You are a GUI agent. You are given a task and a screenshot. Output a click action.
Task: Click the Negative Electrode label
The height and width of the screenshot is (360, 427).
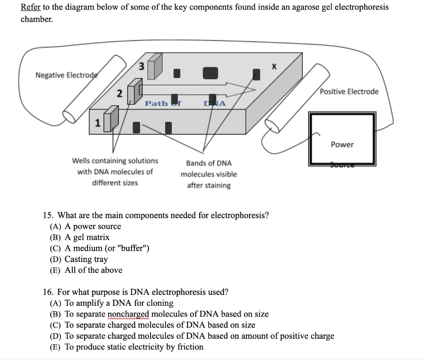(66, 75)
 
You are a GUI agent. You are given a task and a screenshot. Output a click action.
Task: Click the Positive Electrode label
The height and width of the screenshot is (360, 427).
(349, 92)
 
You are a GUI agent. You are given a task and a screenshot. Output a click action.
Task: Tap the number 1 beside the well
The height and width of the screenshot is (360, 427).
(97, 123)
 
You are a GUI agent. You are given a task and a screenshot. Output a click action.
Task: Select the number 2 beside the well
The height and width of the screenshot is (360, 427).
(119, 94)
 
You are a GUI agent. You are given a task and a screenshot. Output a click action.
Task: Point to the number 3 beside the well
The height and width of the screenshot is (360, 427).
(141, 66)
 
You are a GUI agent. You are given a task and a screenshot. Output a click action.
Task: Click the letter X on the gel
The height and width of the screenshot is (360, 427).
(274, 66)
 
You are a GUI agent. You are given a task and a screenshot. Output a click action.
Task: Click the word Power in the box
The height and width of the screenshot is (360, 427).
(342, 145)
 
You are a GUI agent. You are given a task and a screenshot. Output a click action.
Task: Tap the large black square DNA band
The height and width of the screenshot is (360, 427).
(210, 73)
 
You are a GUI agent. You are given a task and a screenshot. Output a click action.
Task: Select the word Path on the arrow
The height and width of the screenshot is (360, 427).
(156, 103)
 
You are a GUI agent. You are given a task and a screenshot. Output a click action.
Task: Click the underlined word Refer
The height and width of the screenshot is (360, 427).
(30, 7)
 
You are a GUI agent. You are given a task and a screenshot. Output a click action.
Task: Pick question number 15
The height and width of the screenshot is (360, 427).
(49, 216)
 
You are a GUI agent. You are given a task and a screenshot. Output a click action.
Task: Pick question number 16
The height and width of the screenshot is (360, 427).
(49, 292)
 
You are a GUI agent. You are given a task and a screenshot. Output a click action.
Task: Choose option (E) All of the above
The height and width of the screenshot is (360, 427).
(86, 270)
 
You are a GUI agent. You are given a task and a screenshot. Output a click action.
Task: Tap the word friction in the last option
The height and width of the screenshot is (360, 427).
(188, 347)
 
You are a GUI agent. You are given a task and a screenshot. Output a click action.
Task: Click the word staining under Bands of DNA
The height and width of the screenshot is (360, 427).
(208, 186)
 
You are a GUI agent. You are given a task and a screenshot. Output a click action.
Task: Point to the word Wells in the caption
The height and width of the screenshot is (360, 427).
(82, 161)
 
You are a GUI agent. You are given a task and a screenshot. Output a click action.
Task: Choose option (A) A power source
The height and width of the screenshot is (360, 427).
(85, 227)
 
